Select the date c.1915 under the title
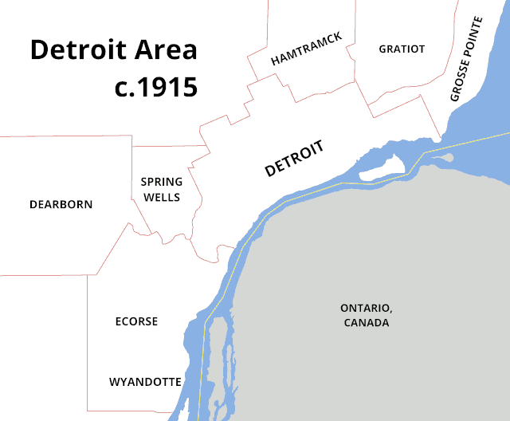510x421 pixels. click(x=155, y=86)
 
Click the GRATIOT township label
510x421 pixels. click(x=402, y=49)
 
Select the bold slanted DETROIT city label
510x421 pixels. click(x=294, y=159)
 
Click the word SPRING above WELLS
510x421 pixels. click(x=162, y=182)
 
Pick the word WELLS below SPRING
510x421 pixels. click(x=162, y=197)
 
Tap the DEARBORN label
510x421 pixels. click(x=61, y=204)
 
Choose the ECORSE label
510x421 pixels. click(x=136, y=321)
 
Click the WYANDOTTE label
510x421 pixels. click(x=145, y=382)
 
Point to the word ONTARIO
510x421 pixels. click(x=367, y=308)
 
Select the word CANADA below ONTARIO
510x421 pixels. click(x=367, y=323)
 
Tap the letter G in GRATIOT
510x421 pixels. click(x=383, y=49)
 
